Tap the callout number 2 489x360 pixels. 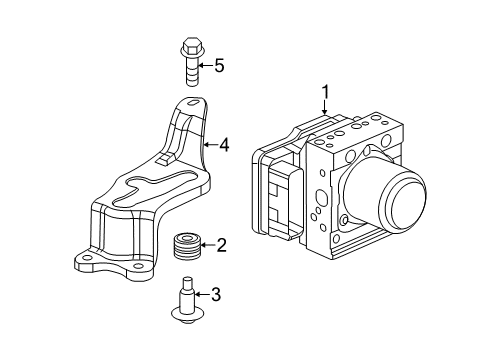(x=222, y=244)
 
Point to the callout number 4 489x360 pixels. (x=225, y=146)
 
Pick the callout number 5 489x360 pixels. (x=219, y=67)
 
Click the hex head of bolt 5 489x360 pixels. (x=190, y=46)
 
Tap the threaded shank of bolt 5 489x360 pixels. (x=190, y=72)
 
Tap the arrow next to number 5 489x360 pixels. (x=204, y=67)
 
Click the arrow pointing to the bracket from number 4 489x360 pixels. (x=209, y=146)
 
